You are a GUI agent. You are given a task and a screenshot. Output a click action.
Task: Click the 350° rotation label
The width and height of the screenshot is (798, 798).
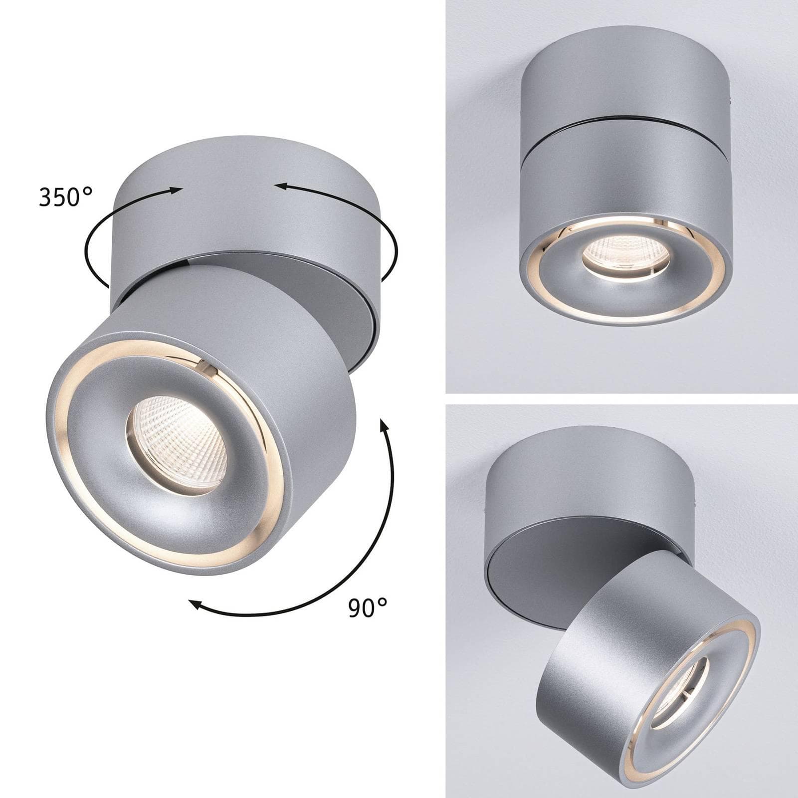[x=66, y=198]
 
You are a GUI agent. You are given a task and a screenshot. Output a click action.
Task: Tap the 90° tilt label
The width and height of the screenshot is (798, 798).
[x=368, y=607]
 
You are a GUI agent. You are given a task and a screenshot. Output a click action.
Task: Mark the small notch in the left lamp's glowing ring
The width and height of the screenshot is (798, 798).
[x=203, y=368]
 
